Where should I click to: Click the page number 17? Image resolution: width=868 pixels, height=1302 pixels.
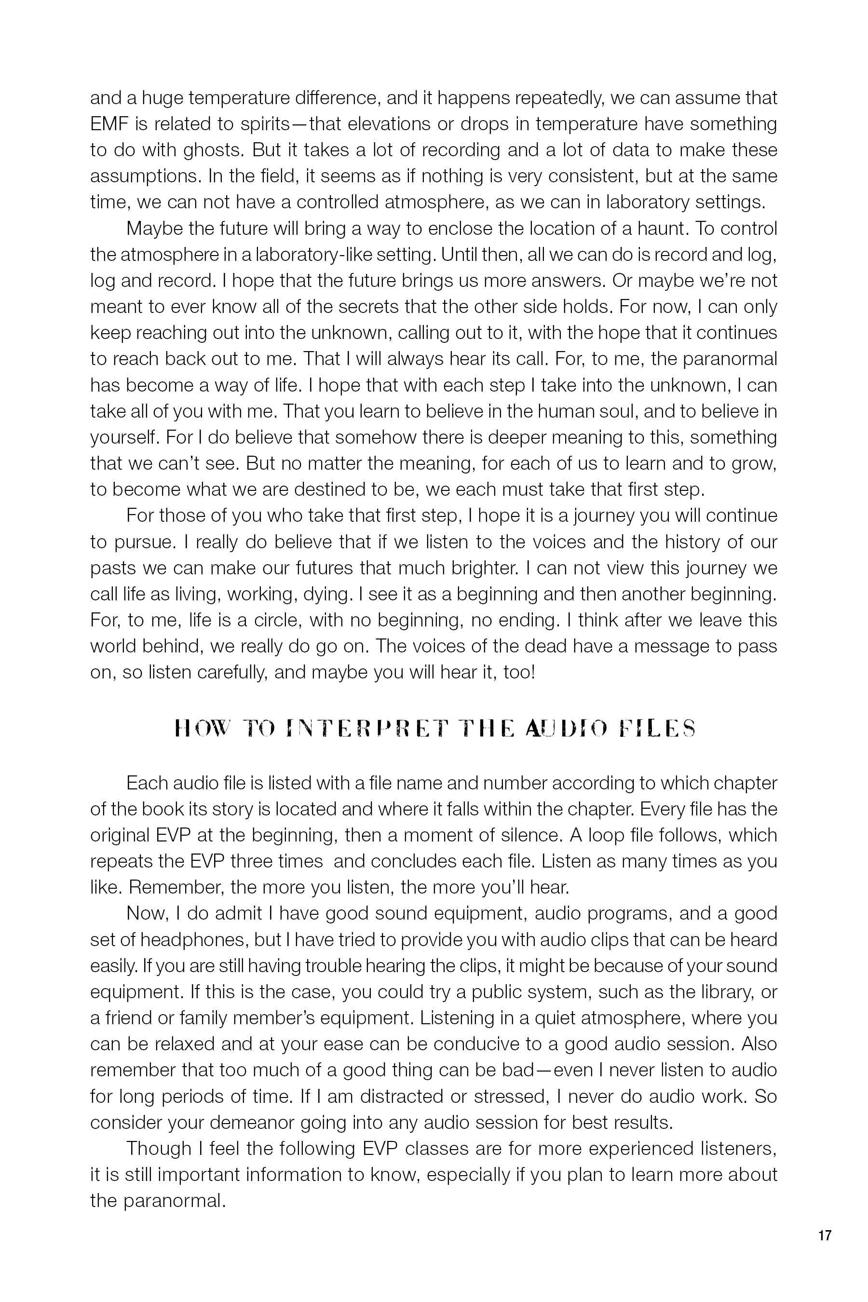pos(824,1235)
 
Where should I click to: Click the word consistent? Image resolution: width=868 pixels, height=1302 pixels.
pos(557,176)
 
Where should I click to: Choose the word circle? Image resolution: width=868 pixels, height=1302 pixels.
pos(276,620)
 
